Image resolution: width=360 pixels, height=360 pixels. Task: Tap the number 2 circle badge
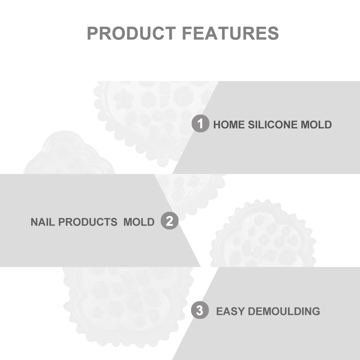click(169, 221)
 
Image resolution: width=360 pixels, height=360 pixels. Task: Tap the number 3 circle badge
click(200, 310)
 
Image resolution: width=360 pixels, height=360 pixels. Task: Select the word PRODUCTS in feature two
click(87, 222)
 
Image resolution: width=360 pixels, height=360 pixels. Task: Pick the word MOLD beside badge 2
click(139, 222)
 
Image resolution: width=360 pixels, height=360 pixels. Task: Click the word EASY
click(230, 311)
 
